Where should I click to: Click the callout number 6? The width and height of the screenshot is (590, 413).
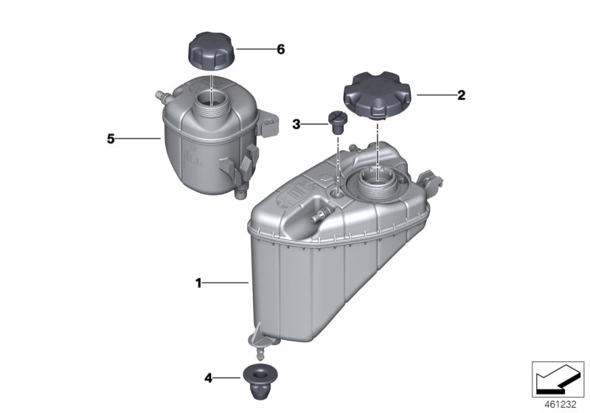click(281, 49)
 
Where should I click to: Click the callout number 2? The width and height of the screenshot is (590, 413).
click(462, 95)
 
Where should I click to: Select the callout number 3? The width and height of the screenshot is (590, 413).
click(296, 124)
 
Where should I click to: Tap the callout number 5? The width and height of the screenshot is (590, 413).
click(111, 139)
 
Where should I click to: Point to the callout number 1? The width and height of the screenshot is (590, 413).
click(198, 283)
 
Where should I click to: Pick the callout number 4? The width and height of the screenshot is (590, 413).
click(208, 378)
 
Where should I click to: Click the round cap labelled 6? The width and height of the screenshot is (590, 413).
click(211, 51)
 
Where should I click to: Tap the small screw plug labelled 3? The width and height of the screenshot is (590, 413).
click(337, 122)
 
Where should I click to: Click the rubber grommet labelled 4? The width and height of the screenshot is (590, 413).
click(260, 382)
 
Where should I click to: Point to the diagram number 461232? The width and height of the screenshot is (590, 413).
click(560, 405)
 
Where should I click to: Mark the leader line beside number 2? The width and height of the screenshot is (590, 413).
click(437, 95)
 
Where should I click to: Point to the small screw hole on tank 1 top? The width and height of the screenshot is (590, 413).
click(338, 194)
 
